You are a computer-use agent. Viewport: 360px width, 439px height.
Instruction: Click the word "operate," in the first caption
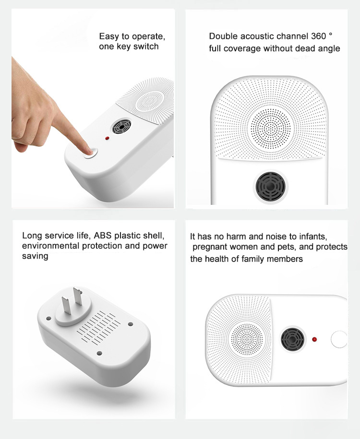[x=148, y=37]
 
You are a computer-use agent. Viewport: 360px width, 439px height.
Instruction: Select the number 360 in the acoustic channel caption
[x=319, y=36]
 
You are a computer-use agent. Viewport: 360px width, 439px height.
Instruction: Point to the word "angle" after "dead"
[x=329, y=49]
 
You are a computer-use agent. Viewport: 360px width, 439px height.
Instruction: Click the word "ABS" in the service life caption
[x=103, y=236]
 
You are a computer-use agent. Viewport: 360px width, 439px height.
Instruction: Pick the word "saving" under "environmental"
[x=35, y=256]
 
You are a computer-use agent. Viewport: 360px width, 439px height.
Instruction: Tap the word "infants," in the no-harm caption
[x=313, y=237]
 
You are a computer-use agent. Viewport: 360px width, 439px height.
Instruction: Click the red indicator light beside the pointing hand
[x=107, y=138]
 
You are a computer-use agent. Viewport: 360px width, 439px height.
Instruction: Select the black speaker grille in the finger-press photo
[x=121, y=127]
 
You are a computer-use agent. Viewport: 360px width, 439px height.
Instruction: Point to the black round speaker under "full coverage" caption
[x=270, y=187]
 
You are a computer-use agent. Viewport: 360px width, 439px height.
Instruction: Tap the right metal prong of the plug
[x=78, y=296]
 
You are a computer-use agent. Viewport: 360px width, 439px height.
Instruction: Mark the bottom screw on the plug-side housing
[x=99, y=353]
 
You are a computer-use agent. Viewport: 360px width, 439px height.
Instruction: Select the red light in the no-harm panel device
[x=314, y=339]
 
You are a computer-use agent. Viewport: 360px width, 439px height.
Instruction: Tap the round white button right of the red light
[x=339, y=339]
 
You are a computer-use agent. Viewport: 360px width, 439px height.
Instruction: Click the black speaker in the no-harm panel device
[x=292, y=339]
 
